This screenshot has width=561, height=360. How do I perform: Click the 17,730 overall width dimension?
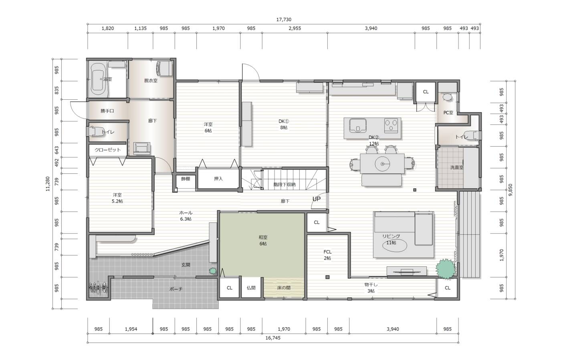pos(284,20)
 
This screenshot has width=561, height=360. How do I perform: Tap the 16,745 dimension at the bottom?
pos(273,338)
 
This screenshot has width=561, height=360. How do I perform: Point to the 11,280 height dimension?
pos(48,184)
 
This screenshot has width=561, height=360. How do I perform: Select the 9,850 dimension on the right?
pos(511,190)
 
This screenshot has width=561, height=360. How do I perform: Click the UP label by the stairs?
pos(316,199)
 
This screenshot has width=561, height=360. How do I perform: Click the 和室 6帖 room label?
pos(263,240)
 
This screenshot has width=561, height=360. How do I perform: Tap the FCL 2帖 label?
pos(327,255)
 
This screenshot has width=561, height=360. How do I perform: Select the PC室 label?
pos(448,113)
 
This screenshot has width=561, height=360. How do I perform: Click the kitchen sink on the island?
pos(358,125)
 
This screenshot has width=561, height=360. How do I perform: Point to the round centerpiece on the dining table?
pos(382,164)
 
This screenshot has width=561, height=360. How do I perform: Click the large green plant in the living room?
pos(446,269)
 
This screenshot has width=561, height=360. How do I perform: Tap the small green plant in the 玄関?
pos(213,271)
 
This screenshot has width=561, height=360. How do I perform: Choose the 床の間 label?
pos(284,288)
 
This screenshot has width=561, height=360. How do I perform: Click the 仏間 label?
pos(251,288)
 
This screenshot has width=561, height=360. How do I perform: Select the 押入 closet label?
pos(218,179)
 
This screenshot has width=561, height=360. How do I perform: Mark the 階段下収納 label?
pos(284,185)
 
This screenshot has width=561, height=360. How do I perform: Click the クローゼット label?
pos(108,150)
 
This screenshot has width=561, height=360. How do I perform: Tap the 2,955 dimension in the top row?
pos(295,28)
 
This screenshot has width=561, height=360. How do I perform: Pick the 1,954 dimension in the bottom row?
pos(131,329)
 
